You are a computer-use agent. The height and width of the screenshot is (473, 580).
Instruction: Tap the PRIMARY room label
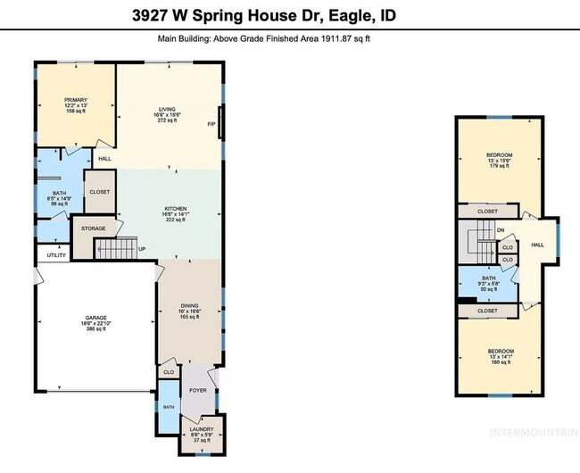pos(74,106)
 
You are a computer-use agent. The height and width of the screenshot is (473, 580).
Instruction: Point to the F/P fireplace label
pos(211,124)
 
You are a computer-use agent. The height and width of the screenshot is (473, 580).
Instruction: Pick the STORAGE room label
pos(94,228)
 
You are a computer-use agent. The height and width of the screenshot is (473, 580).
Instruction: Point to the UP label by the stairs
pos(141,249)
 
